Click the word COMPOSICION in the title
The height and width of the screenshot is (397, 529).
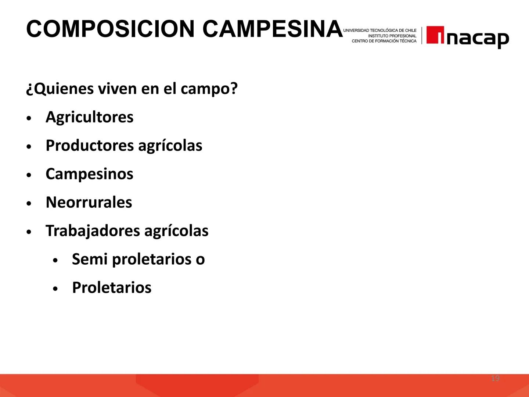click(110, 29)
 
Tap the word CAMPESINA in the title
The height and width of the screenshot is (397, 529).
click(272, 29)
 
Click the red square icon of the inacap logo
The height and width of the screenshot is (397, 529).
click(435, 35)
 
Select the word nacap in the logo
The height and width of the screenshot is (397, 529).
click(478, 37)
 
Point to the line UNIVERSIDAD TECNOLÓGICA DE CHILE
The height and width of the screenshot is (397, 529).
click(380, 30)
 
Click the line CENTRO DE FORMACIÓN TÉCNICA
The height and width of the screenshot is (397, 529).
click(384, 41)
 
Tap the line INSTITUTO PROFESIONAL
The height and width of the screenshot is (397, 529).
click(392, 36)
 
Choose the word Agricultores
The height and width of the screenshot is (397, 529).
click(89, 117)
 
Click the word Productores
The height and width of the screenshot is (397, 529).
click(89, 146)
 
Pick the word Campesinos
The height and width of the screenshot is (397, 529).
click(89, 174)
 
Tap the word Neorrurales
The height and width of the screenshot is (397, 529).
click(89, 202)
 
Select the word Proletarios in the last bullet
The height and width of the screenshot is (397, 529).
click(111, 287)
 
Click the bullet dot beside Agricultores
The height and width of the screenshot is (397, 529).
click(29, 119)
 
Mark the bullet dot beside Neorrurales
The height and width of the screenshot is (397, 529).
click(29, 204)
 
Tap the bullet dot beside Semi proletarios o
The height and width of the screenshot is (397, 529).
click(55, 261)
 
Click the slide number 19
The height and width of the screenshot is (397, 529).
click(495, 378)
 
